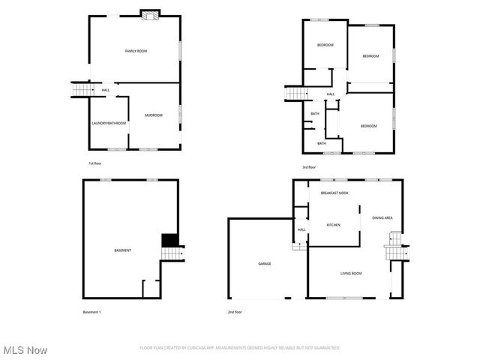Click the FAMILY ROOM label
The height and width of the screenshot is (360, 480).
pos(136,50)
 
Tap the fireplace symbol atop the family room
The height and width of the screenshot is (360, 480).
pos(149,13)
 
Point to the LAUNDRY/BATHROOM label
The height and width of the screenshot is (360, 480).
pos(108,123)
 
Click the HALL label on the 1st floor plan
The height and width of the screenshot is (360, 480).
pos(105,91)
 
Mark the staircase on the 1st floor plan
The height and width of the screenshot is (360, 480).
pos(79,90)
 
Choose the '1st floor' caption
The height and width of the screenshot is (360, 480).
pos(94,163)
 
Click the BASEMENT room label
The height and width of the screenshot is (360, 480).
pos(122,250)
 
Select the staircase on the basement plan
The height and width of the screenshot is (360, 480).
pos(173,254)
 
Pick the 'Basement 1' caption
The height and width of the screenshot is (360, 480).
pos(91,311)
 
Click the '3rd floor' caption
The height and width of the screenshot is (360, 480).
pos(309,167)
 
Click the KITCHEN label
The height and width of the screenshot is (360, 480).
pos(334,225)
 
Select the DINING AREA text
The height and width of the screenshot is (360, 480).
pos(382,218)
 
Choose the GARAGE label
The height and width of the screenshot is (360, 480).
pos(265,263)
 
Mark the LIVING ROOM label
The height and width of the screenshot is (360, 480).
pos(350,273)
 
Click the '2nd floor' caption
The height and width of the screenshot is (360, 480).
pos(235,311)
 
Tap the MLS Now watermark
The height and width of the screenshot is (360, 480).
pos(25,350)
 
